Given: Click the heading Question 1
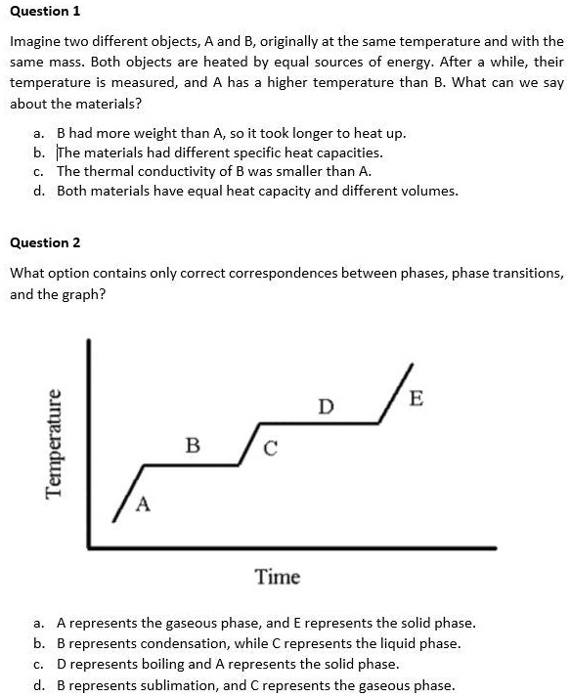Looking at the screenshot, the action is (x=45, y=11).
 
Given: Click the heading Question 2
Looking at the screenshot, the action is (x=45, y=241).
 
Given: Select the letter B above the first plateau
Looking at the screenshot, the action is (x=193, y=446).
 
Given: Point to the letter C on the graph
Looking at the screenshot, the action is (x=270, y=450).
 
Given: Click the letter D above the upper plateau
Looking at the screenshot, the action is (x=326, y=405).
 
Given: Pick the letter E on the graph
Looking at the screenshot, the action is (x=417, y=398).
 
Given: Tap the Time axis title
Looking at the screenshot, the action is (x=278, y=577).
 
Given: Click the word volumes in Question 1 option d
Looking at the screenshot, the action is (x=426, y=191).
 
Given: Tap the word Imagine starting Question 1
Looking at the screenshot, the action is (x=37, y=41).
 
